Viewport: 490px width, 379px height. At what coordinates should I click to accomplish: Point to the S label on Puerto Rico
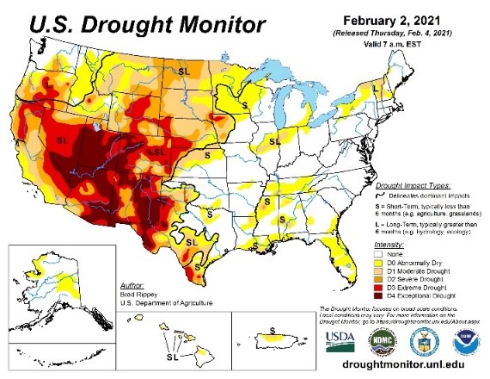pyautogui.click(x=273, y=330)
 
